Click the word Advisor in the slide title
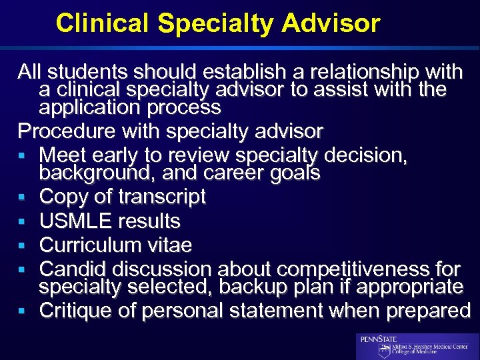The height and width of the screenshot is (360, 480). pos(331,23)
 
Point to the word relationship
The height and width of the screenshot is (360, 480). pos(342,71)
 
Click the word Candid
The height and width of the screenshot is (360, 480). pos(73,269)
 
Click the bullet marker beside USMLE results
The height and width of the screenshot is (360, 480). pos(23,222)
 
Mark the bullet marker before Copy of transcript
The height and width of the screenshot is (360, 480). pos(23,198)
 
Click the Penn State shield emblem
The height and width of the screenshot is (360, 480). pos(385,351)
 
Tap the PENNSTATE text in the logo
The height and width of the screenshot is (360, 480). pos(379,339)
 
